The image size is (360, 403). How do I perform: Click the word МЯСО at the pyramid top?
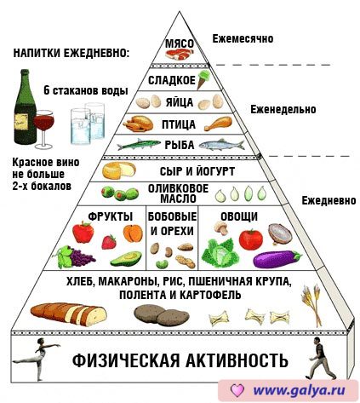[x=180, y=44]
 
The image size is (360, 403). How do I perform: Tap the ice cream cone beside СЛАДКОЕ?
[x=203, y=79]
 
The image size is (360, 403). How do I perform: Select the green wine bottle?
[x=25, y=107]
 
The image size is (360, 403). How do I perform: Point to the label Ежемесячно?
[x=243, y=38]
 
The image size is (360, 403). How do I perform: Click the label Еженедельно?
[x=283, y=109]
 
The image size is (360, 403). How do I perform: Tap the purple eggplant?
[x=277, y=259]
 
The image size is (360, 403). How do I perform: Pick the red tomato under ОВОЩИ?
[x=251, y=239]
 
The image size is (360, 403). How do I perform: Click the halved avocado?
[x=126, y=258]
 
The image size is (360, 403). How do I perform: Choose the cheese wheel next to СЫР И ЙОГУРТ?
[x=119, y=170]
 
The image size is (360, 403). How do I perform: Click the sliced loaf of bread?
[x=69, y=314]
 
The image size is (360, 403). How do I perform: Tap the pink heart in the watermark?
[x=237, y=390]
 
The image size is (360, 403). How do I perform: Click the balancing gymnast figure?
[x=37, y=359]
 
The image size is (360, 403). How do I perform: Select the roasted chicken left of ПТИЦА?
[x=138, y=124]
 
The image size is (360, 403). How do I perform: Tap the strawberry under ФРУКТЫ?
[x=109, y=242]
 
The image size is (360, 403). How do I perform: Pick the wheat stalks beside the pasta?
[x=311, y=305]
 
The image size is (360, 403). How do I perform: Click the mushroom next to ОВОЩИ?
[x=221, y=227]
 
